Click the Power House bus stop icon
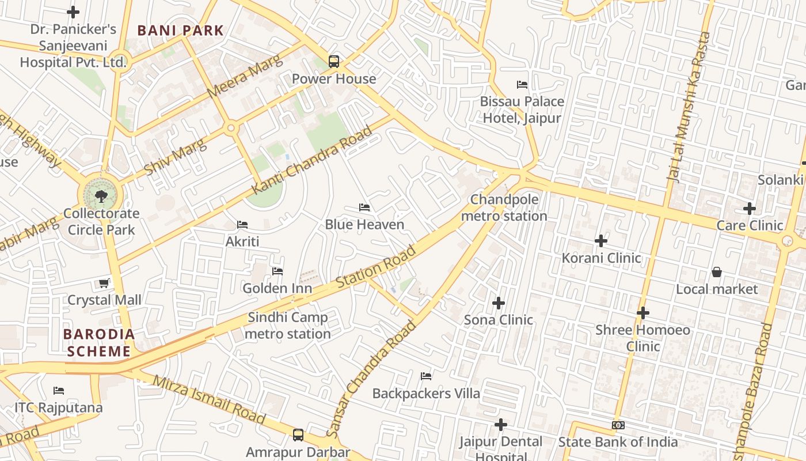[333, 61]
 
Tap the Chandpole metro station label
[504, 208]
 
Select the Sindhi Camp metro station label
[287, 326]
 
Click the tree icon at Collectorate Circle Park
[101, 196]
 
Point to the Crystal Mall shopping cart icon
[104, 283]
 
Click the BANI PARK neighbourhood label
[180, 31]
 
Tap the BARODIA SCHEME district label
[99, 343]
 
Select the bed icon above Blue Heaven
[364, 207]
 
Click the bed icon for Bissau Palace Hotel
[522, 85]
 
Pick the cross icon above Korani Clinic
[601, 240]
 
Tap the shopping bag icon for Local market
[717, 271]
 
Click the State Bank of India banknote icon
[618, 425]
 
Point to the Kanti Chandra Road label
[313, 160]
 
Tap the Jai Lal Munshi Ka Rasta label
[689, 107]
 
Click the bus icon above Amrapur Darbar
[298, 435]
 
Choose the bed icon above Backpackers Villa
[426, 376]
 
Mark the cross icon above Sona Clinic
[499, 303]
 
